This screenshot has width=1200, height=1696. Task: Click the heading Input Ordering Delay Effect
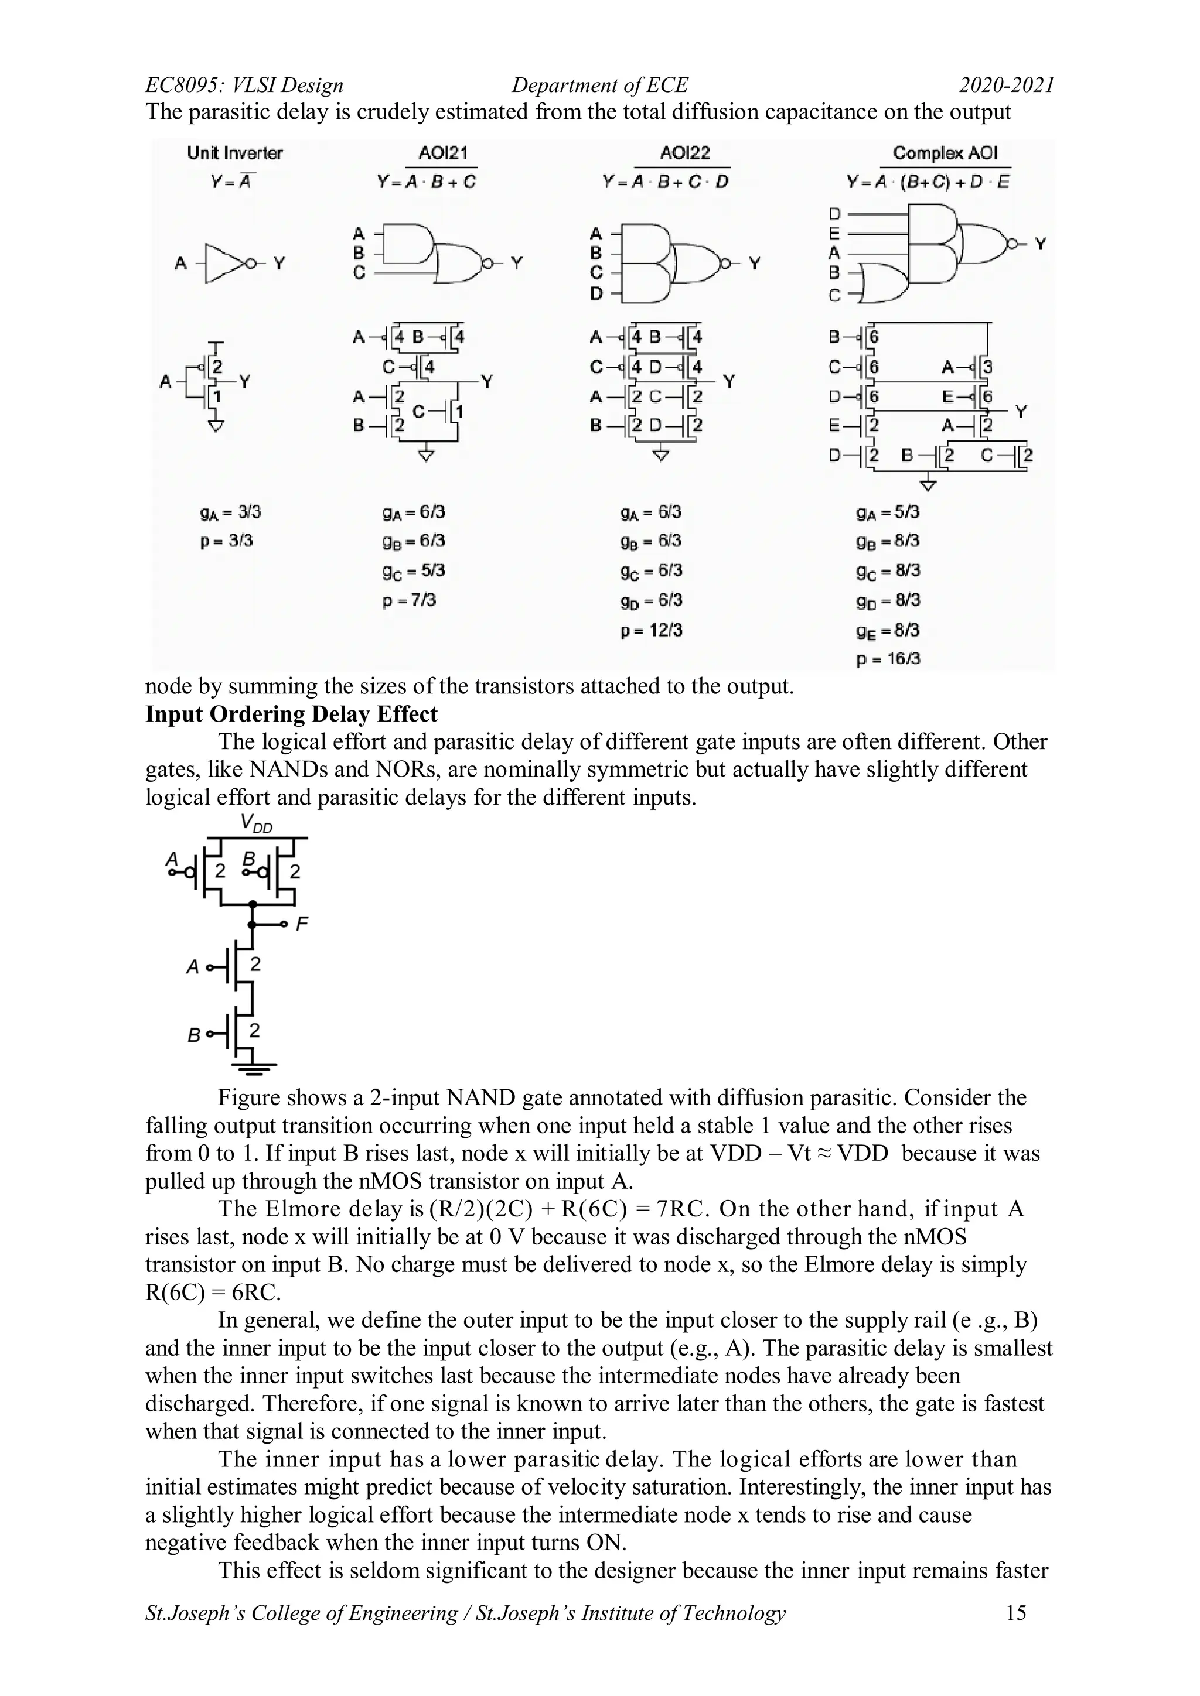pyautogui.click(x=291, y=714)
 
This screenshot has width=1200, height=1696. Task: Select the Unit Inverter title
pyautogui.click(x=234, y=153)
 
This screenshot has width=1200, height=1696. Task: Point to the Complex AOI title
pyautogui.click(x=945, y=153)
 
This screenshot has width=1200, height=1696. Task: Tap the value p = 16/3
pyautogui.click(x=888, y=659)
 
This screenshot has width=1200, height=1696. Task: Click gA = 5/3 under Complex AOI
pyautogui.click(x=888, y=512)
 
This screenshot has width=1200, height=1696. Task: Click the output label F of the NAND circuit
pyautogui.click(x=302, y=924)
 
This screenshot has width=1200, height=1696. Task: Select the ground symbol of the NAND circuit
pyautogui.click(x=254, y=1066)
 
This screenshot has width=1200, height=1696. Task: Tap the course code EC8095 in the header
pyautogui.click(x=183, y=85)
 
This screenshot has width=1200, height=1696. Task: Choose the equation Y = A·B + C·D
pyautogui.click(x=665, y=182)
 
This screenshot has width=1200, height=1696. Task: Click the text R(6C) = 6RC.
pyautogui.click(x=213, y=1292)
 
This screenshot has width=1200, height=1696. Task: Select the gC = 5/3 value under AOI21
pyautogui.click(x=414, y=571)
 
